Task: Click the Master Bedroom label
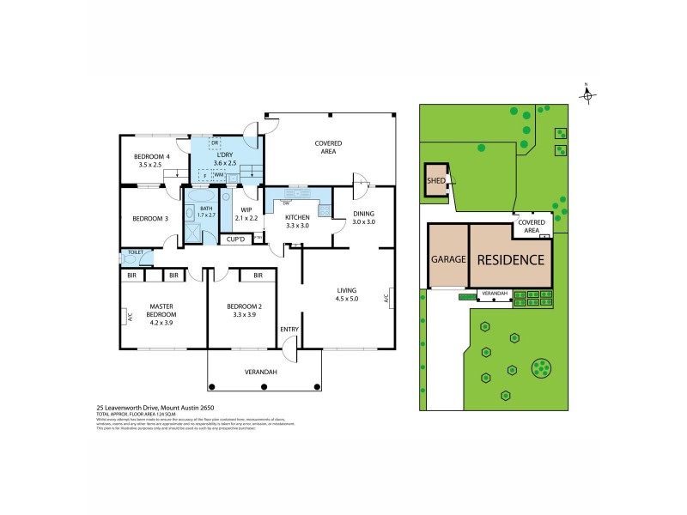pyautogui.click(x=161, y=312)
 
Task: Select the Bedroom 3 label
pyautogui.click(x=151, y=219)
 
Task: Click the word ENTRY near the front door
pyautogui.click(x=288, y=330)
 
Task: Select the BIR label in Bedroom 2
pyautogui.click(x=257, y=276)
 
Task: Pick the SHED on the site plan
pyautogui.click(x=435, y=181)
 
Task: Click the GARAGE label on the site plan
pyautogui.click(x=448, y=258)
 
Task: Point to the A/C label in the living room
pyautogui.click(x=387, y=299)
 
